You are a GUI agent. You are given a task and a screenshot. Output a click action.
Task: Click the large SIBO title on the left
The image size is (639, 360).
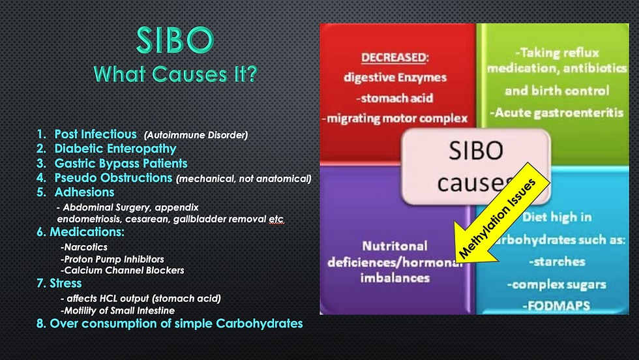pos(175,40)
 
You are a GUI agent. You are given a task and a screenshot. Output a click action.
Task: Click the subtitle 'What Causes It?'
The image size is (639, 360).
pos(175,74)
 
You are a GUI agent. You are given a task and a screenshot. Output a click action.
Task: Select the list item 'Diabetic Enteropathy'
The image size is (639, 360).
pos(115,149)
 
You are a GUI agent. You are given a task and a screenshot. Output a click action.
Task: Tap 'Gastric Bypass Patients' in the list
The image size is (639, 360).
pos(121,164)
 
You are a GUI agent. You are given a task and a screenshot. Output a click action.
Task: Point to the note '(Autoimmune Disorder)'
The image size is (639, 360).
pos(196,135)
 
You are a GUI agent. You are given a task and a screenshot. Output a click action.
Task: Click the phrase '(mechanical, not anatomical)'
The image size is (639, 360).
pos(244,179)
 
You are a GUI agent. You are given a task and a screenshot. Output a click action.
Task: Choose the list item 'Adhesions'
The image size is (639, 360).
pos(84,192)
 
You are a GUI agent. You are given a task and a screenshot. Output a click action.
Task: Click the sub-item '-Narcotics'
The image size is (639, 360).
pos(84,247)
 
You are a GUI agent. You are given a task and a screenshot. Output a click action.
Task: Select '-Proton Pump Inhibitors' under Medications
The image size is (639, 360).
pos(112,260)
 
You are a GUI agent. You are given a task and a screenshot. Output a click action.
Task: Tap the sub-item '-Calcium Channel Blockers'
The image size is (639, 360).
pos(123,270)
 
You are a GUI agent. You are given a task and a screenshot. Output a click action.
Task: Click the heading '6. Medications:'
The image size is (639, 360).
pos(80,232)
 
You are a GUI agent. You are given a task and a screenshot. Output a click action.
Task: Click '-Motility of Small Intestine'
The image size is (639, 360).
pos(117,310)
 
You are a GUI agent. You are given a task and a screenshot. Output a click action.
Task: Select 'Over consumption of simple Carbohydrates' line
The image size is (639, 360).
pos(176,323)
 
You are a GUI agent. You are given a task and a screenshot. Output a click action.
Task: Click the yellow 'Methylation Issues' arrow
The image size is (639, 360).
pos(503,213)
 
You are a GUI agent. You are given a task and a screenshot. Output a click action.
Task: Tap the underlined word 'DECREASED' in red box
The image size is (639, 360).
pos(394,57)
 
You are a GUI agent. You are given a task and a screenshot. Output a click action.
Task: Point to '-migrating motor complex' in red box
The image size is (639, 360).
pos(394,119)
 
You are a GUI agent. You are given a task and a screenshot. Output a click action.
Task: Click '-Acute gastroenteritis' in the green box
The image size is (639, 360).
pos(557,113)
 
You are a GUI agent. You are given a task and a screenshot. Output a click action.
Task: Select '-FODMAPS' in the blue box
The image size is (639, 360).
pos(556,306)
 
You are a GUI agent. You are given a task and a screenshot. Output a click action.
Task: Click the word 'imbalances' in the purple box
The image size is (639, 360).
pos(395,278)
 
